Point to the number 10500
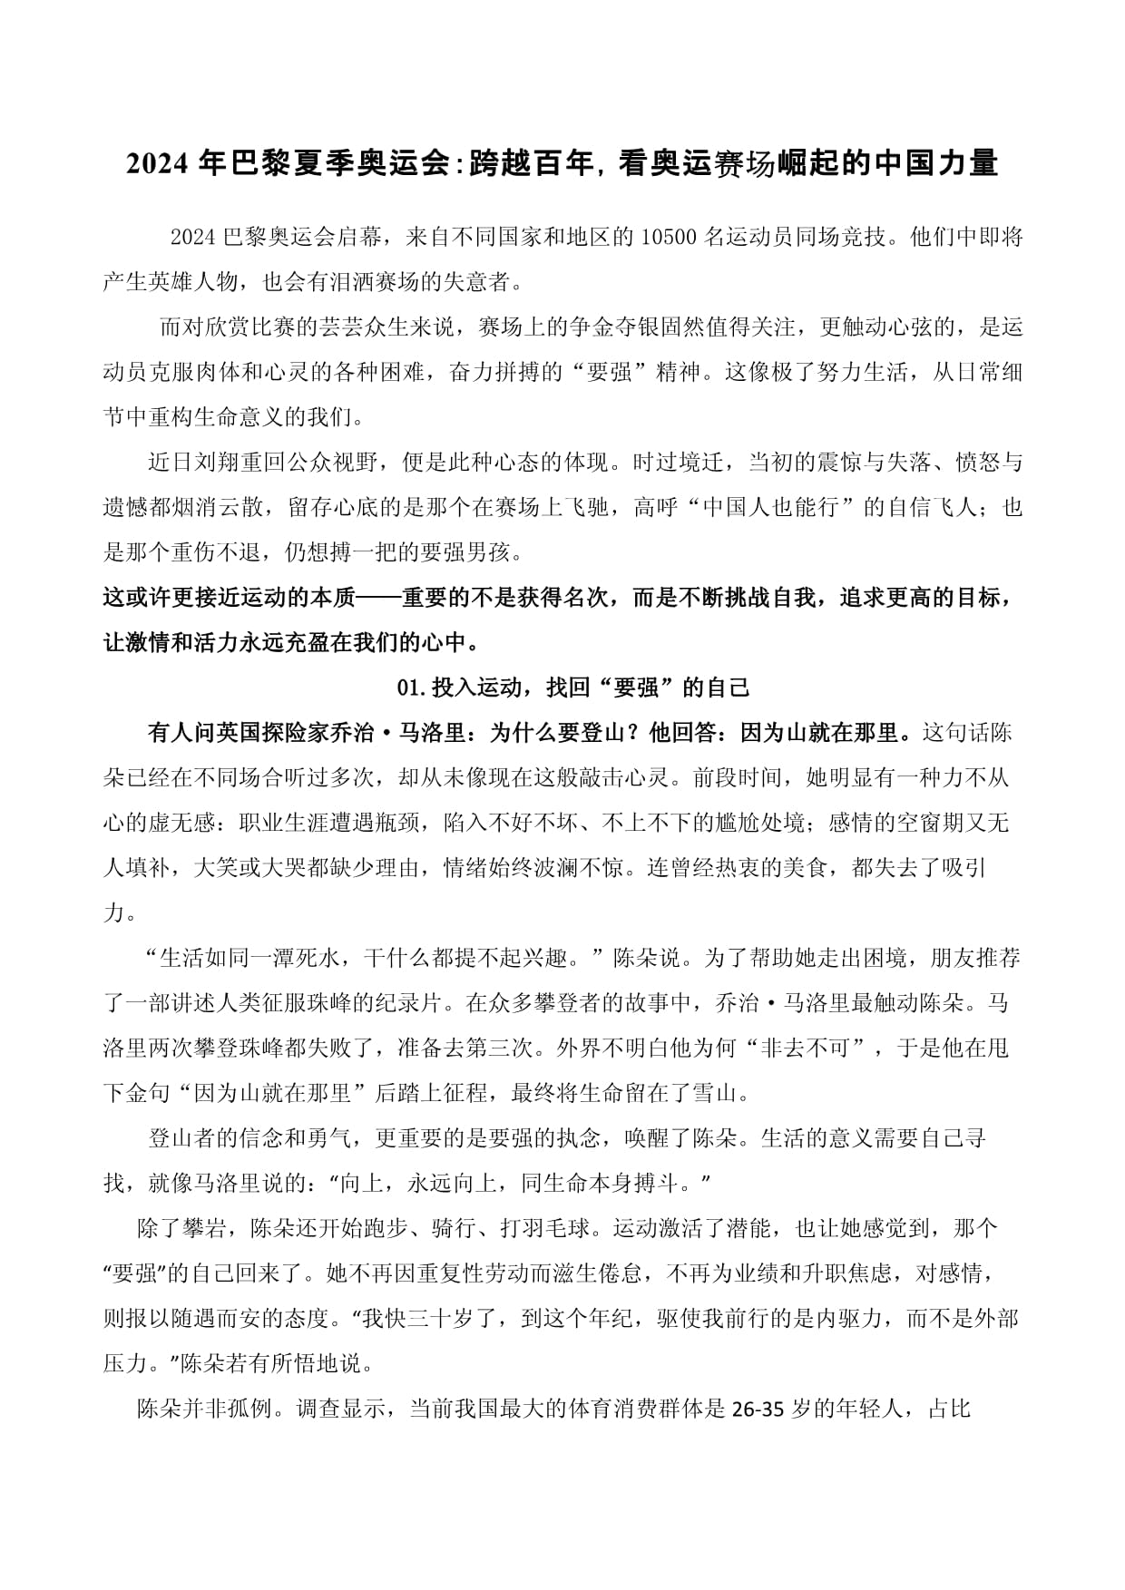[x=669, y=238]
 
